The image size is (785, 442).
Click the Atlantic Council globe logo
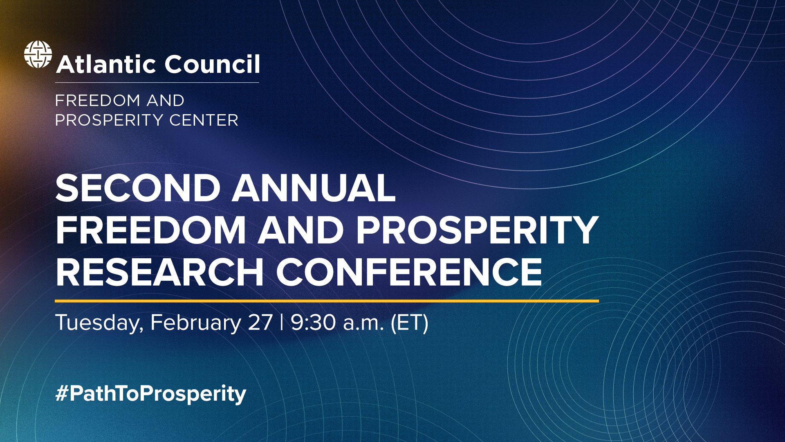[38, 54]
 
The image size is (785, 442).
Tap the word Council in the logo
[212, 65]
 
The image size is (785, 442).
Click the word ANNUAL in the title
[314, 189]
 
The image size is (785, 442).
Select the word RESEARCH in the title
[160, 272]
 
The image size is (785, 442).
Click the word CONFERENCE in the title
[409, 272]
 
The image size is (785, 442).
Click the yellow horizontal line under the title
[327, 301]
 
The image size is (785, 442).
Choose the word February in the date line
[196, 323]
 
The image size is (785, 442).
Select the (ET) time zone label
[409, 323]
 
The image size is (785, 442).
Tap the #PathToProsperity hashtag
[151, 394]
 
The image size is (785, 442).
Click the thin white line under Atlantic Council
[157, 83]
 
